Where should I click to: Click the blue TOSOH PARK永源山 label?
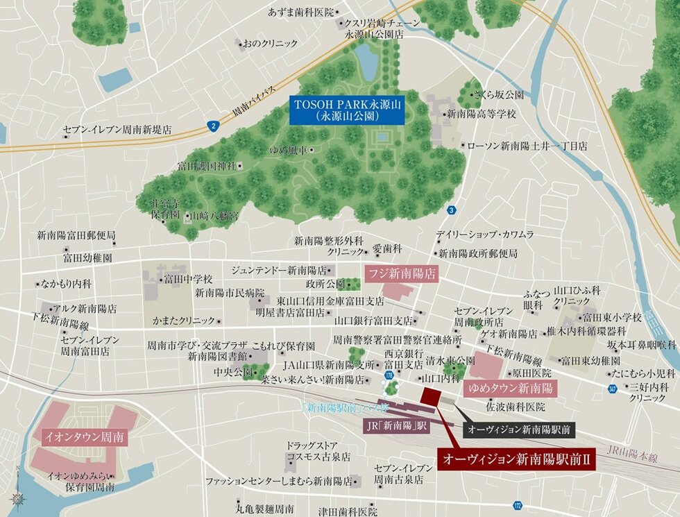point(347,110)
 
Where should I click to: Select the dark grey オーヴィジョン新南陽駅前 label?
point(519,430)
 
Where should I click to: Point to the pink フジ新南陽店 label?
point(402,273)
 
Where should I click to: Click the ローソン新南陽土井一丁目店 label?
point(527,146)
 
